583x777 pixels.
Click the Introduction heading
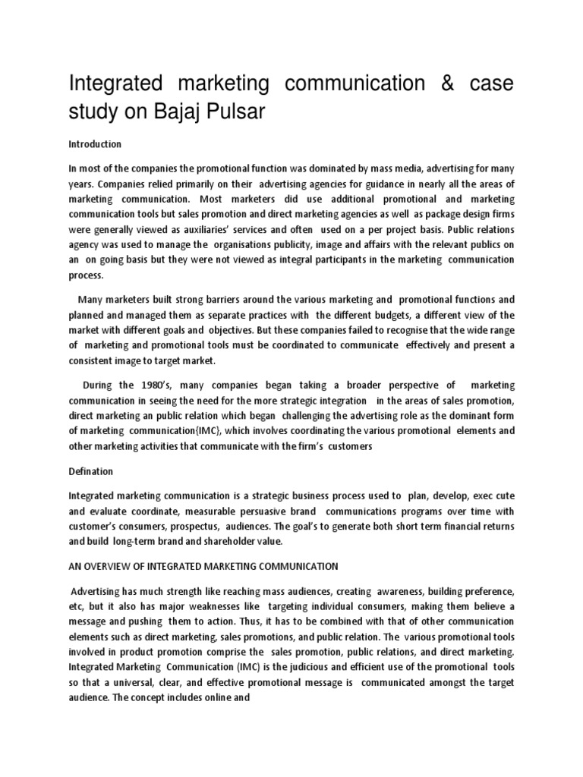pyautogui.click(x=95, y=144)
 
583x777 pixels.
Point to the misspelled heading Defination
pyautogui.click(x=92, y=472)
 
